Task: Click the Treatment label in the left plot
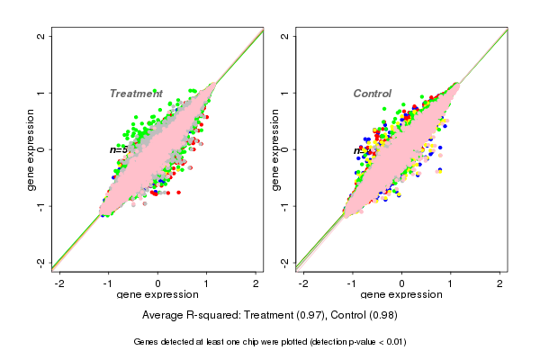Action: (x=136, y=94)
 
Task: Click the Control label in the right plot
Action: (x=373, y=94)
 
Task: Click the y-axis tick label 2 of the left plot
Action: (x=40, y=36)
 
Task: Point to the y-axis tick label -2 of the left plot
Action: (x=40, y=263)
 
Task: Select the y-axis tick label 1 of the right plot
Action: (x=284, y=93)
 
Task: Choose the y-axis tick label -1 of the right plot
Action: (x=284, y=206)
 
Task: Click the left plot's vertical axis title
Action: (x=32, y=149)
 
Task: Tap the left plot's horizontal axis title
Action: (x=157, y=295)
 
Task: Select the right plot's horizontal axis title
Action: (x=401, y=295)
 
